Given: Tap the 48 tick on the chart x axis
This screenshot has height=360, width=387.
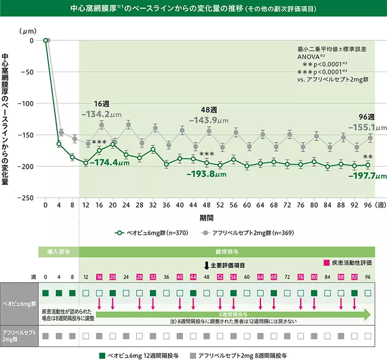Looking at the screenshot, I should (x=206, y=205).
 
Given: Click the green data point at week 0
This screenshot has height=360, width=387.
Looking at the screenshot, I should (x=45, y=40).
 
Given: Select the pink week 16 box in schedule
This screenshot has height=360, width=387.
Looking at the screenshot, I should (x=100, y=277).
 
